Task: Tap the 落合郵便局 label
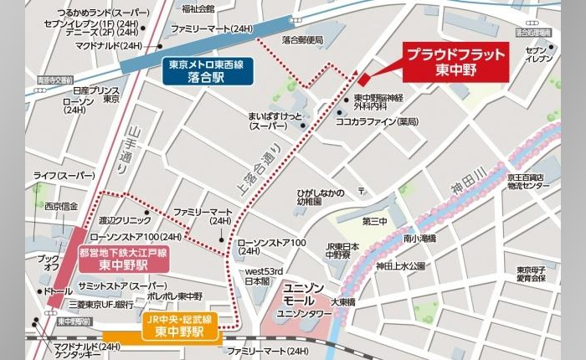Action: click(302, 39)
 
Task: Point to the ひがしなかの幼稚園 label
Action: click(320, 198)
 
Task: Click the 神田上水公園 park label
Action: click(400, 265)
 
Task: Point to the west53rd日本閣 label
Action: click(264, 276)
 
